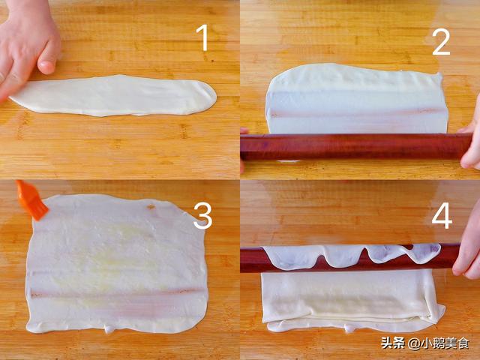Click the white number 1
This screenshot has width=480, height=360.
(x=202, y=37)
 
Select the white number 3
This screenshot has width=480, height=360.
(x=202, y=216)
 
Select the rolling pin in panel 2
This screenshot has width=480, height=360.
(x=352, y=145)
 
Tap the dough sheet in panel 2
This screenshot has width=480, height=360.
(x=356, y=101)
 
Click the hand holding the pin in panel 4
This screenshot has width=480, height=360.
(x=469, y=247)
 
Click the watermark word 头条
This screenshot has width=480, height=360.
(x=392, y=343)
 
